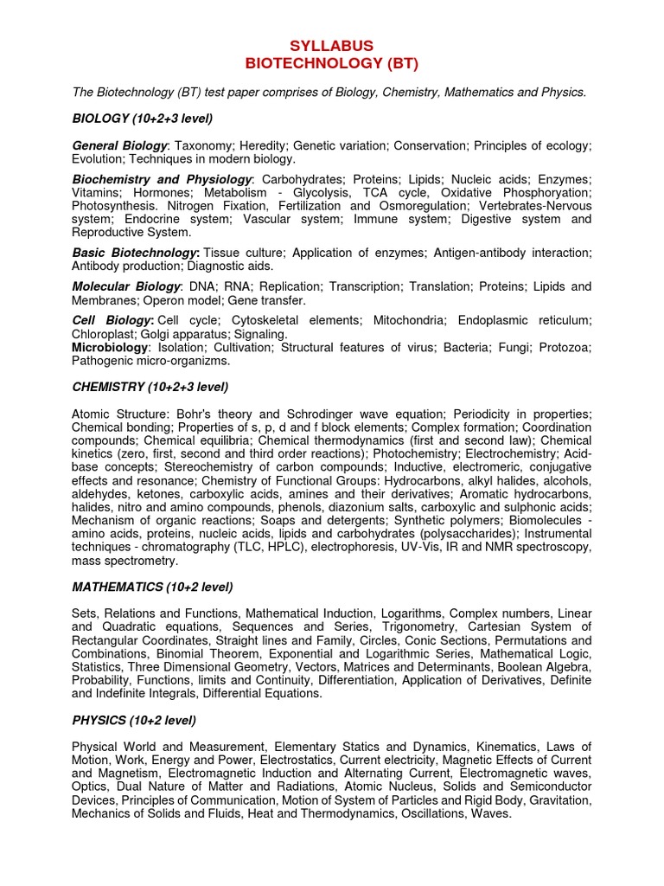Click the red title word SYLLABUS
(332, 45)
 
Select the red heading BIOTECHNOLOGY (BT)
(332, 62)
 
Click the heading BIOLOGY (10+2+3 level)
(143, 118)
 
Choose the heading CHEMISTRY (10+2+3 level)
(150, 387)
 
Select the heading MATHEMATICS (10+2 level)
(152, 587)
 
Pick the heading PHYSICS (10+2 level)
(134, 720)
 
